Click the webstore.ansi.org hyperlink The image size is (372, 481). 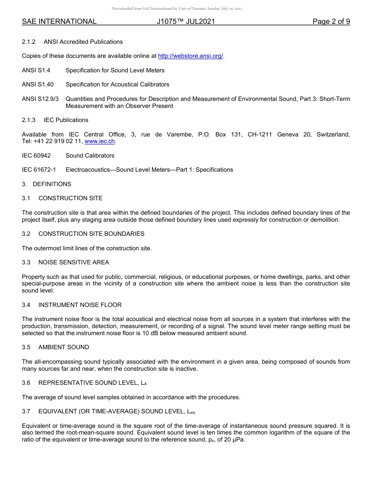pos(190,56)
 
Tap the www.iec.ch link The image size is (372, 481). pos(100,141)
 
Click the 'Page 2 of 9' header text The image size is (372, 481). pos(331,22)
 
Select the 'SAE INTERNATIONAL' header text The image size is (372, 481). pos(59,22)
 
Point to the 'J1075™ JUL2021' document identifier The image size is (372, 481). pos(186,22)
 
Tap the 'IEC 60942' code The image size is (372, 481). pos(36,156)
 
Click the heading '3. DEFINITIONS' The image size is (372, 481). pos(47,184)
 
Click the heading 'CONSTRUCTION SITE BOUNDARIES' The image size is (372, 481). pos(91,234)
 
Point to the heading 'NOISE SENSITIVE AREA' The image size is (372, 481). pos(74,262)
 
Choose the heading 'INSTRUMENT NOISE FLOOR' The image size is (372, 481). pos(80,305)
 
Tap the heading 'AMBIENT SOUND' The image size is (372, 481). pos(63,347)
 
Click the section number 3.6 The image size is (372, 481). pos(26,383)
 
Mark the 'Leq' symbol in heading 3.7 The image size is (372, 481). pos(191,412)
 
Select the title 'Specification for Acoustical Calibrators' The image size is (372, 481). pos(117,84)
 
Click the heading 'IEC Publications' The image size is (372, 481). pos(66,120)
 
